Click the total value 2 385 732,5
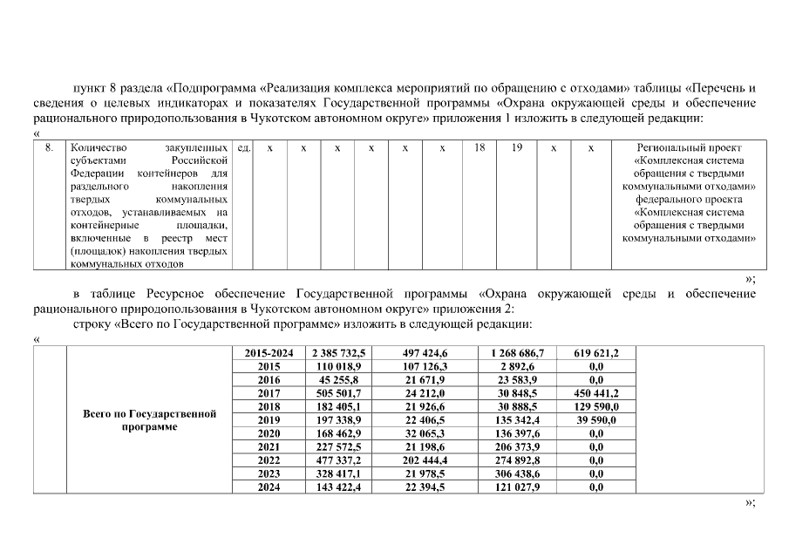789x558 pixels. pyautogui.click(x=336, y=353)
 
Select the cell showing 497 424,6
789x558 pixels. pyautogui.click(x=425, y=353)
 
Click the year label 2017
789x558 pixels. pyautogui.click(x=269, y=393)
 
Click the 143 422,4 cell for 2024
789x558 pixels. pyautogui.click(x=336, y=487)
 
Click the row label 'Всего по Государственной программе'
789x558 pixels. pyautogui.click(x=149, y=420)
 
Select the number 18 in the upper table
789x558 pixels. pyautogui.click(x=480, y=149)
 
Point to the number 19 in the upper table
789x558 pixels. pyautogui.click(x=517, y=149)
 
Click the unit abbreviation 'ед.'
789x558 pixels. pyautogui.click(x=244, y=149)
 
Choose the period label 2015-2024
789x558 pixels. pyautogui.click(x=269, y=353)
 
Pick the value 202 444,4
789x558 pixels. pyautogui.click(x=425, y=460)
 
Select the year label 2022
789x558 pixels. pyautogui.click(x=269, y=460)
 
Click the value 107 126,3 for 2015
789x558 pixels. pyautogui.click(x=425, y=366)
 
